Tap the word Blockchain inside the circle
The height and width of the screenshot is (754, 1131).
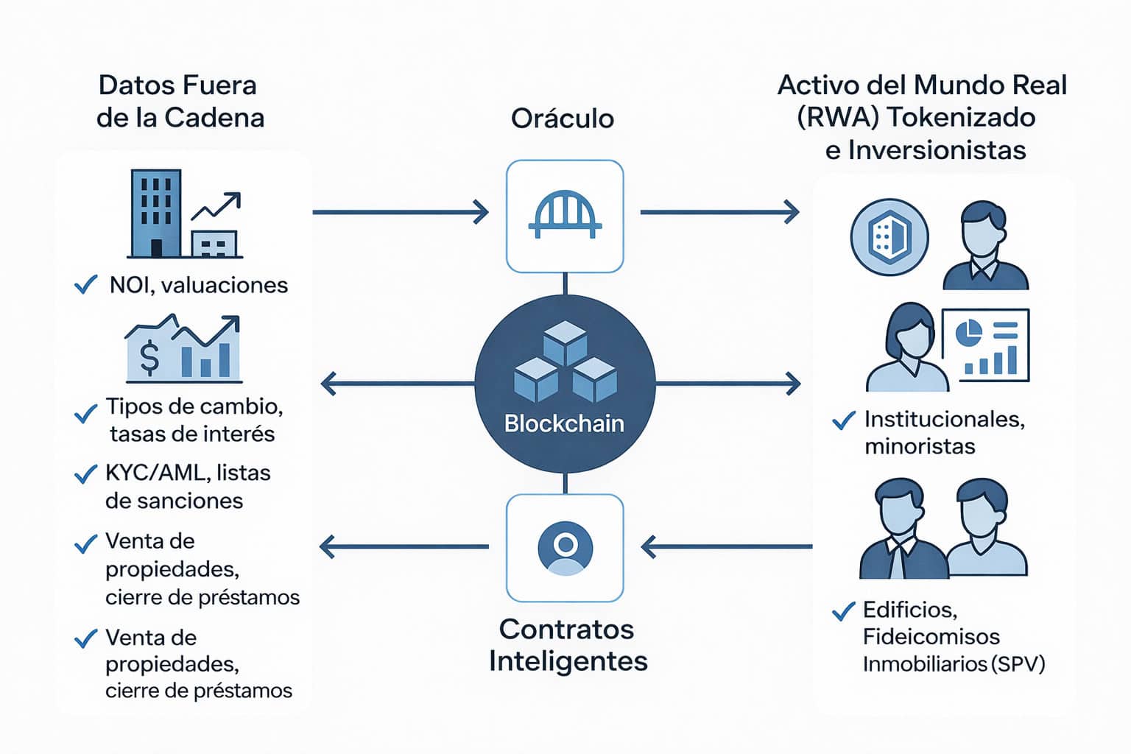click(564, 423)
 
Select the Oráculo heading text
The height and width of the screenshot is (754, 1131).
click(563, 119)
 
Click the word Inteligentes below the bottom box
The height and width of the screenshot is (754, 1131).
click(568, 660)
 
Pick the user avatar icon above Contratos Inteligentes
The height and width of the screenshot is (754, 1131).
click(565, 548)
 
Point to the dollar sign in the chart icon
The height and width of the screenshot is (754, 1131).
click(149, 358)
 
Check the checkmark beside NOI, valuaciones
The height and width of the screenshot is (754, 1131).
click(86, 284)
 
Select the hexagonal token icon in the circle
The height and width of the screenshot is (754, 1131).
click(889, 238)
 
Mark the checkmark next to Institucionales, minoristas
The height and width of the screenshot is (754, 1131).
click(844, 420)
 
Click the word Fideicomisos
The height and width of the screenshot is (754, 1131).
click(931, 636)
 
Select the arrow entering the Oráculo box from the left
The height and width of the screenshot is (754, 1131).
click(401, 212)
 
